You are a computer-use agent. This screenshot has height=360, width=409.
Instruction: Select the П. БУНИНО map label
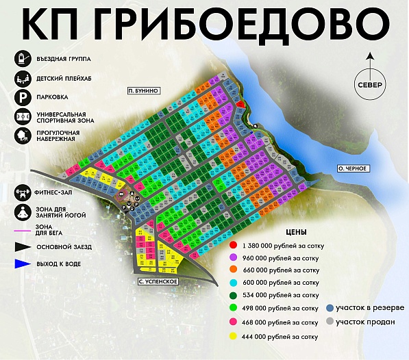coord(143,90)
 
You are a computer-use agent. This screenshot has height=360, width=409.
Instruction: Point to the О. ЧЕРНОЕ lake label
coord(354,168)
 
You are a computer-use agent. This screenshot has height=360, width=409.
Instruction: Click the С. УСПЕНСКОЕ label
coord(158,281)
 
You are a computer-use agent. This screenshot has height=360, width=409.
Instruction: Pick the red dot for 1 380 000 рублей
coord(234,244)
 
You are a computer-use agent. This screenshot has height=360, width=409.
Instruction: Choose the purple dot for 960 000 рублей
coord(234,257)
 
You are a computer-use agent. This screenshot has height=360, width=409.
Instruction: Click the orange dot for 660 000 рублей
coord(234,270)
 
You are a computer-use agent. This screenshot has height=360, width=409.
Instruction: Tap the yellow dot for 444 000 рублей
coord(234,336)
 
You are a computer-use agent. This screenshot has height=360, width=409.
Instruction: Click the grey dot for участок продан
coord(330,322)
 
